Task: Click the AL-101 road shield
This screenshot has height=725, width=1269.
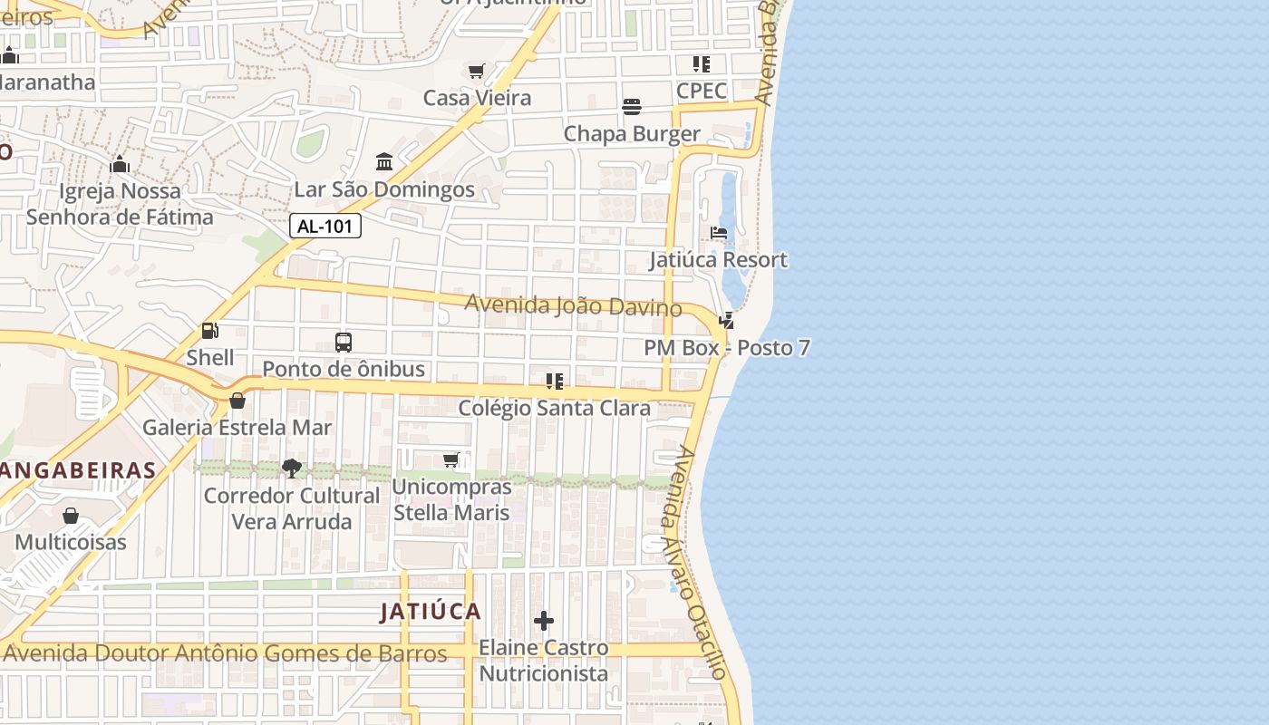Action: [x=325, y=227]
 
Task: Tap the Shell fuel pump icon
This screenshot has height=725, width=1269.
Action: [x=209, y=332]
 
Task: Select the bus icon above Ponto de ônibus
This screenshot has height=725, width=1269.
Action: [x=343, y=343]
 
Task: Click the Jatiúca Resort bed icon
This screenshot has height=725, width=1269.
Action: [x=719, y=234]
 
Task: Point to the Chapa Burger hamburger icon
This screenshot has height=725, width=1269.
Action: [x=632, y=107]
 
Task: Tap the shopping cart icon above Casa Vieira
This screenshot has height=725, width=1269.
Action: [x=476, y=71]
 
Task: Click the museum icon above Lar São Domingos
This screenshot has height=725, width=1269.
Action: [x=383, y=162]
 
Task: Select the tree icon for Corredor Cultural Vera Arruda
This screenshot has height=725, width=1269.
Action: [x=291, y=469]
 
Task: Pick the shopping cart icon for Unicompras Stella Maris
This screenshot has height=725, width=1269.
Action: [x=451, y=460]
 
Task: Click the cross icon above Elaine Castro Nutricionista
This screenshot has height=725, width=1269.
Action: [x=544, y=621]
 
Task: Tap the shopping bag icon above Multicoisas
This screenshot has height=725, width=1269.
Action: [x=71, y=516]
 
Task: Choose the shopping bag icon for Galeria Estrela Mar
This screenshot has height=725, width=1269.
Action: [x=237, y=401]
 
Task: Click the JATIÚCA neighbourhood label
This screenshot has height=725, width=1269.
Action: [x=431, y=612]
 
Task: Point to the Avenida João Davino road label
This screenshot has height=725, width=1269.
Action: [x=573, y=305]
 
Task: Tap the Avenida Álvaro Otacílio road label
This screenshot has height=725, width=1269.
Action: [x=695, y=562]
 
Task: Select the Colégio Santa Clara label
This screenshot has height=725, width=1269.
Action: [x=554, y=408]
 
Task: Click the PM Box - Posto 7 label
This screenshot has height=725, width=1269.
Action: [x=727, y=348]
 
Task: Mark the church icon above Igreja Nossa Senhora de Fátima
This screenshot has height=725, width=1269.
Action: [x=119, y=165]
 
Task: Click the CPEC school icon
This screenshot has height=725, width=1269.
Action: [x=701, y=64]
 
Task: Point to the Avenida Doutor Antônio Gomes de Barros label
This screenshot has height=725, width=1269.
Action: [x=227, y=652]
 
